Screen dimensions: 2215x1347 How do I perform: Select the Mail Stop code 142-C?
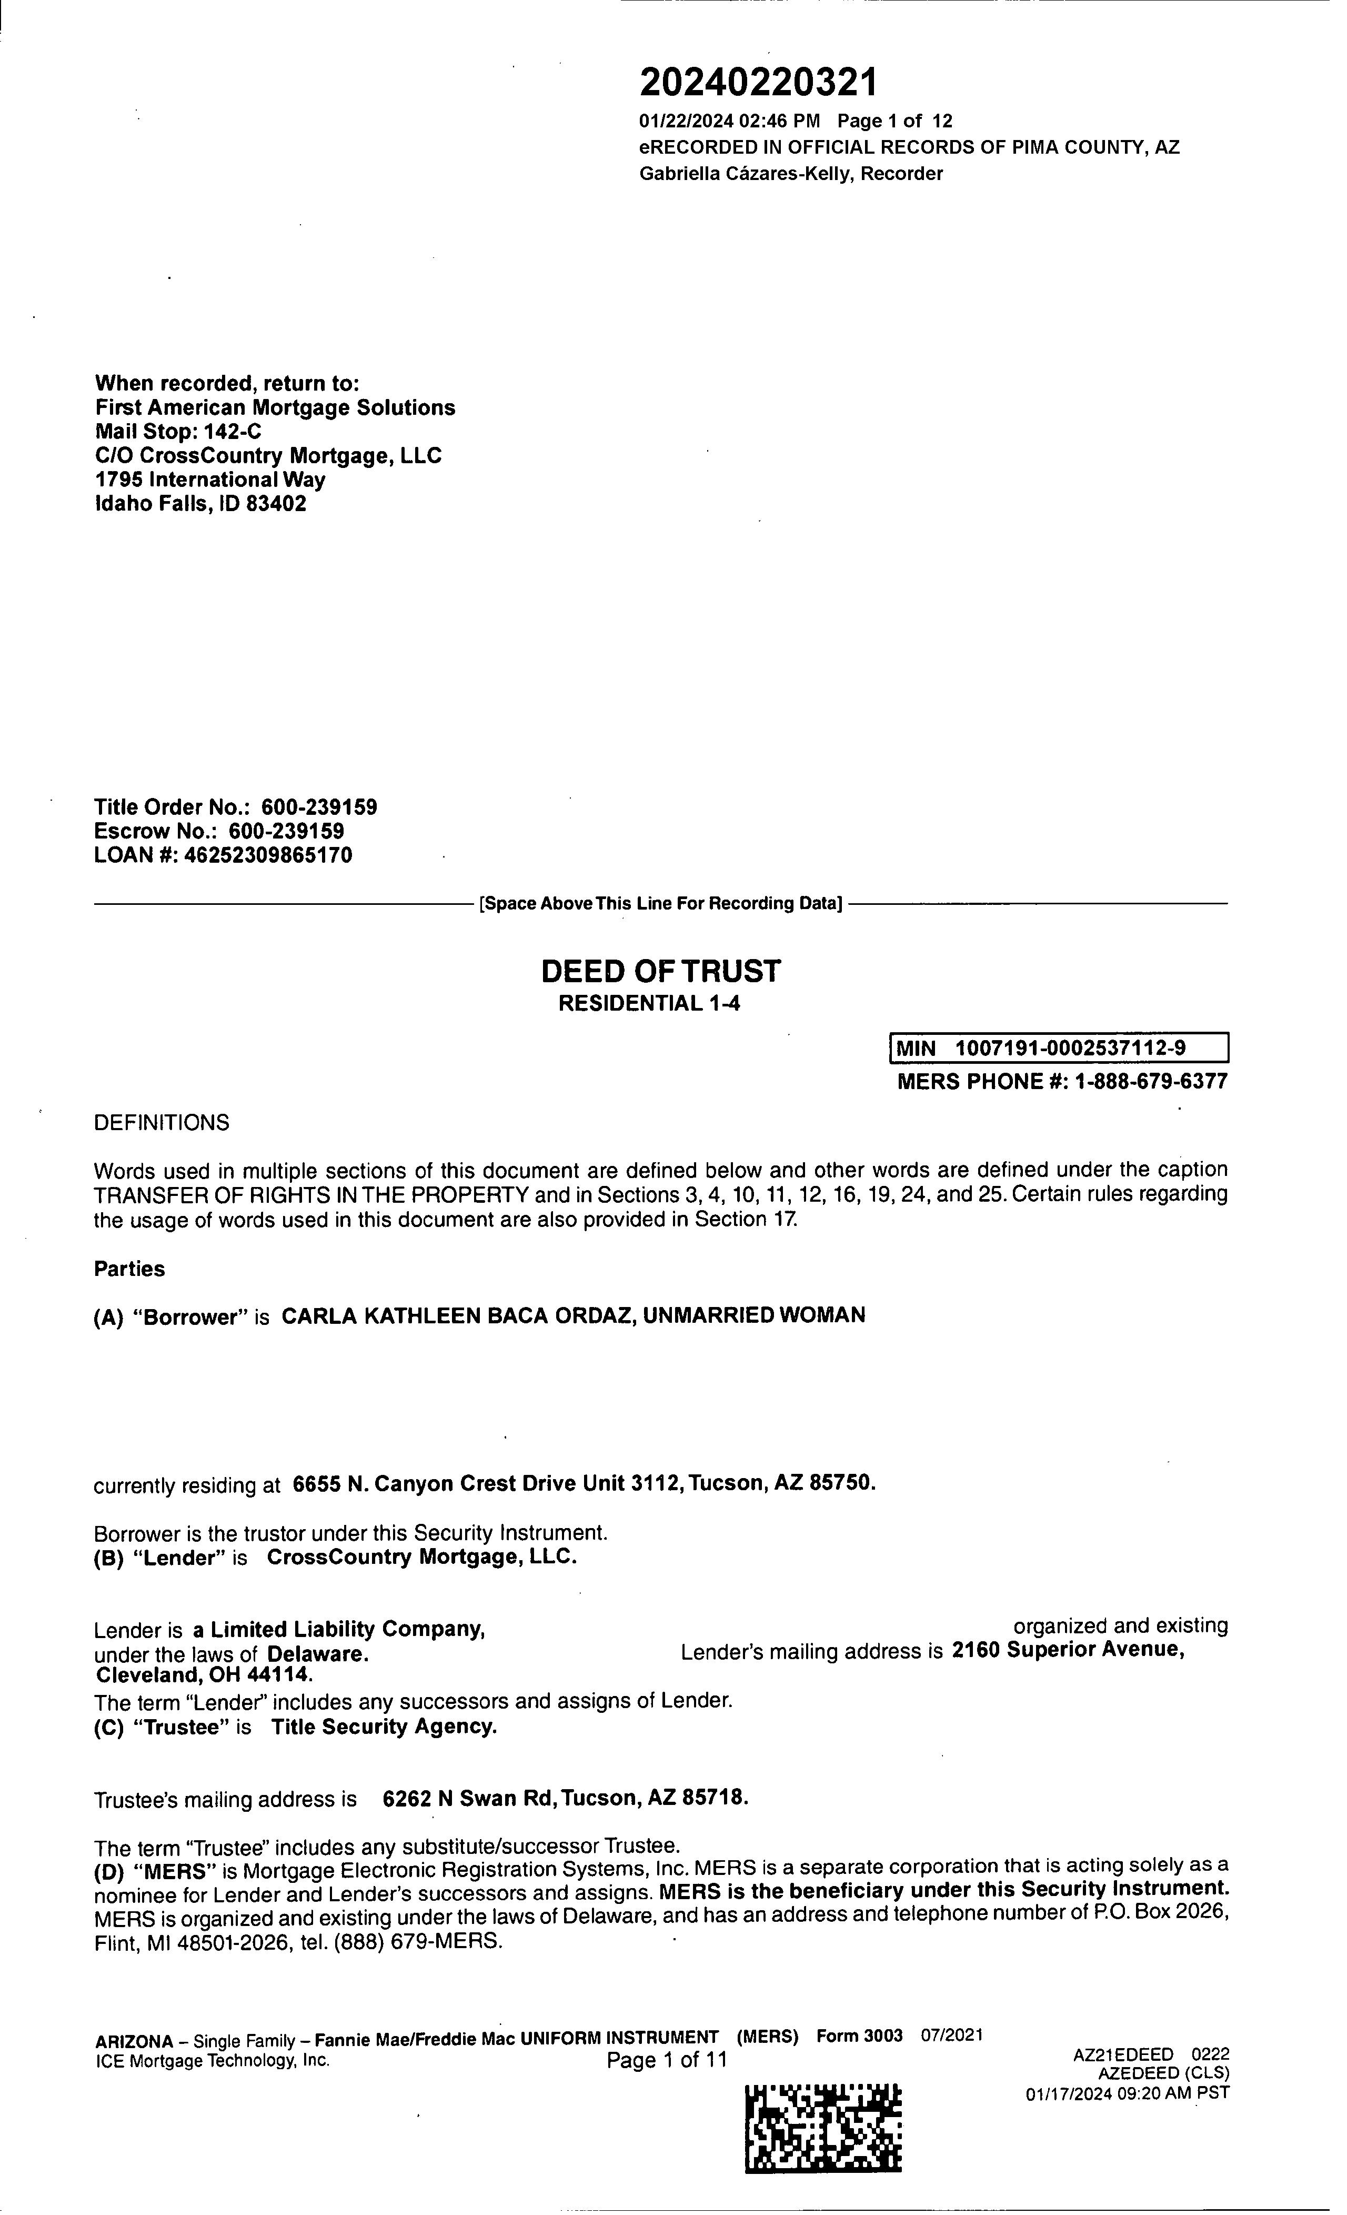point(232,432)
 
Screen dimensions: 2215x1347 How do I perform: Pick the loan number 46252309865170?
point(268,855)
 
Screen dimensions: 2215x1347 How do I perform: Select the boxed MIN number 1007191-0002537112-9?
point(1069,1048)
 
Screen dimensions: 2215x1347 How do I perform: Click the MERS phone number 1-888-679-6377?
point(1151,1081)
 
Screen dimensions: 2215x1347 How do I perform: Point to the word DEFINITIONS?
point(162,1123)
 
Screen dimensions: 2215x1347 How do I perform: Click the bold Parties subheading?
point(129,1269)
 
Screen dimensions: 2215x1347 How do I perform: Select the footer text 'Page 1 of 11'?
point(666,2060)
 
